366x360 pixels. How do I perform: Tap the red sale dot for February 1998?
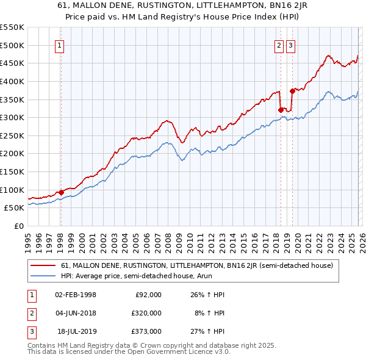(61, 193)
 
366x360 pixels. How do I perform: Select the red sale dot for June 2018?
(281, 110)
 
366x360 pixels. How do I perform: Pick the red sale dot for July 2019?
(293, 91)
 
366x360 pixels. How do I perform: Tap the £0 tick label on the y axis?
(18, 226)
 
